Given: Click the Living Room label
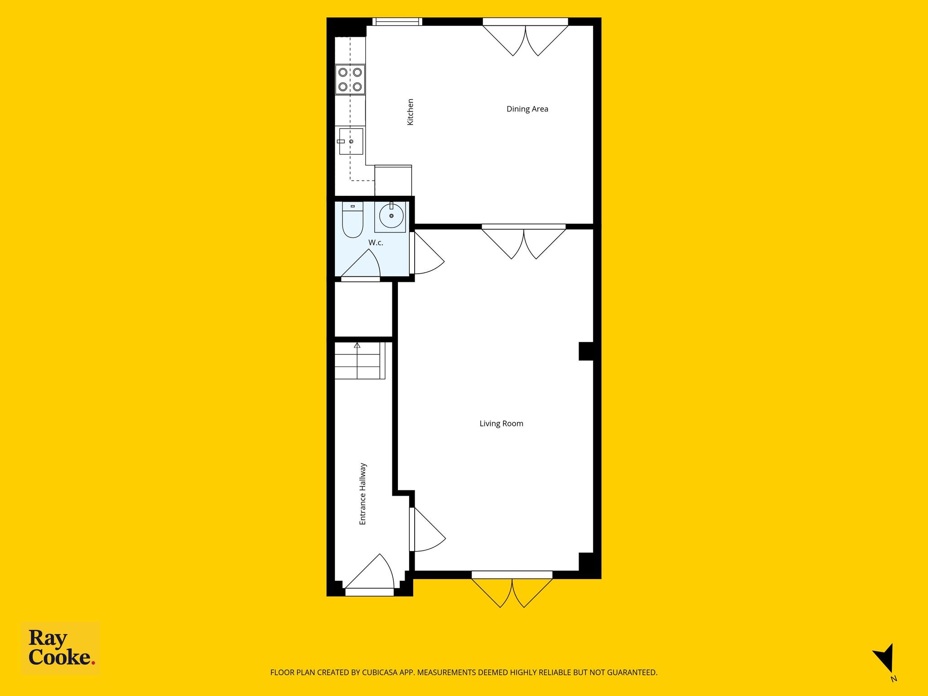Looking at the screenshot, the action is pos(501,424).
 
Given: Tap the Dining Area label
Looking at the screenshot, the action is pos(527,109).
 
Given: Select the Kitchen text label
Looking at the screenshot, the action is pos(410,112).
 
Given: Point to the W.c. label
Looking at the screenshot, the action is pos(376,243).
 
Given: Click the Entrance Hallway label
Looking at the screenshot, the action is pos(362,494).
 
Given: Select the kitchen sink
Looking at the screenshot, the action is pos(351,141).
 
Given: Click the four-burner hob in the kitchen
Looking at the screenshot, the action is pos(350,79).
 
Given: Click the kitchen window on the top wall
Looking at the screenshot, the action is pos(397,21).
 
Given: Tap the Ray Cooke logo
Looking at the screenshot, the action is pos(61,648).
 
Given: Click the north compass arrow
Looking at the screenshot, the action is pos(885,660).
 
